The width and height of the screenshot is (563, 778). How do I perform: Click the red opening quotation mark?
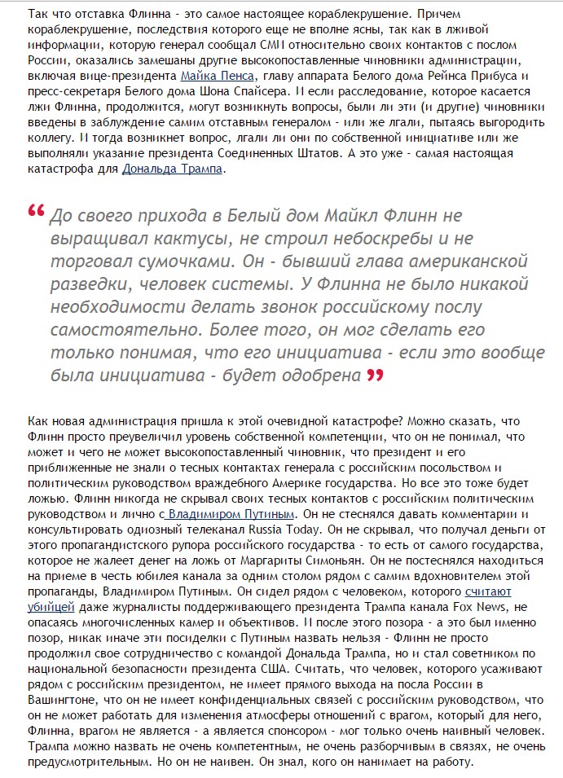click(x=36, y=212)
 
